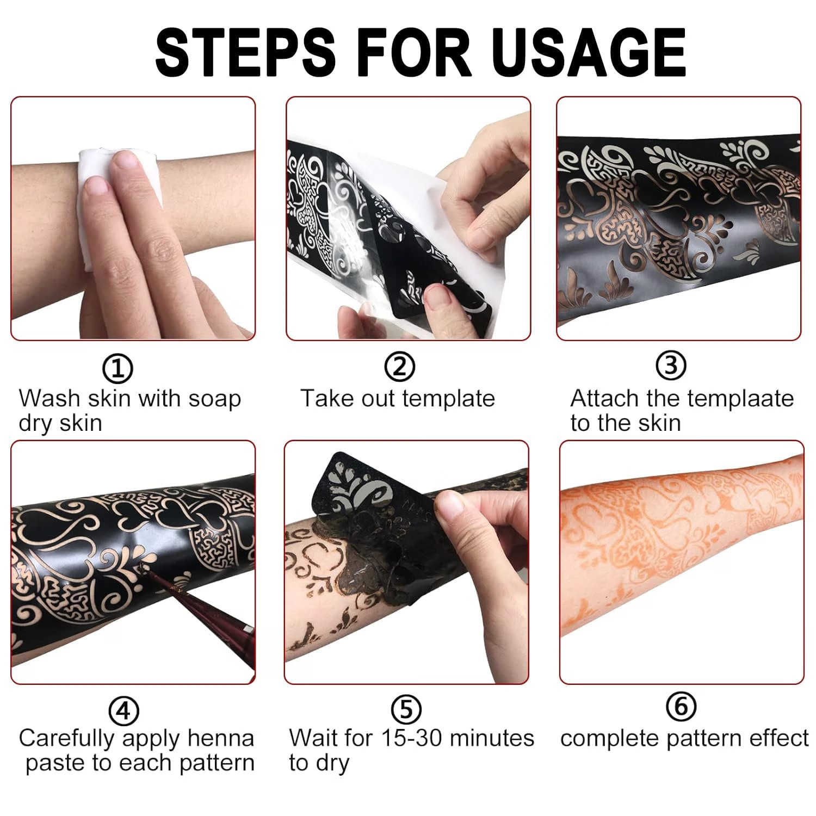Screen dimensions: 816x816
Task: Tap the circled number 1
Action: pos(118,369)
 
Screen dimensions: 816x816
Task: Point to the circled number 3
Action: pos(671,365)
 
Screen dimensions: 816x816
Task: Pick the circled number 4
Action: pos(124,710)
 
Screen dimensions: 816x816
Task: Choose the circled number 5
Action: pos(406,709)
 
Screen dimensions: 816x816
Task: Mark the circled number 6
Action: pos(681,706)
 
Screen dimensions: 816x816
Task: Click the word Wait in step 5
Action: pos(313,738)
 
